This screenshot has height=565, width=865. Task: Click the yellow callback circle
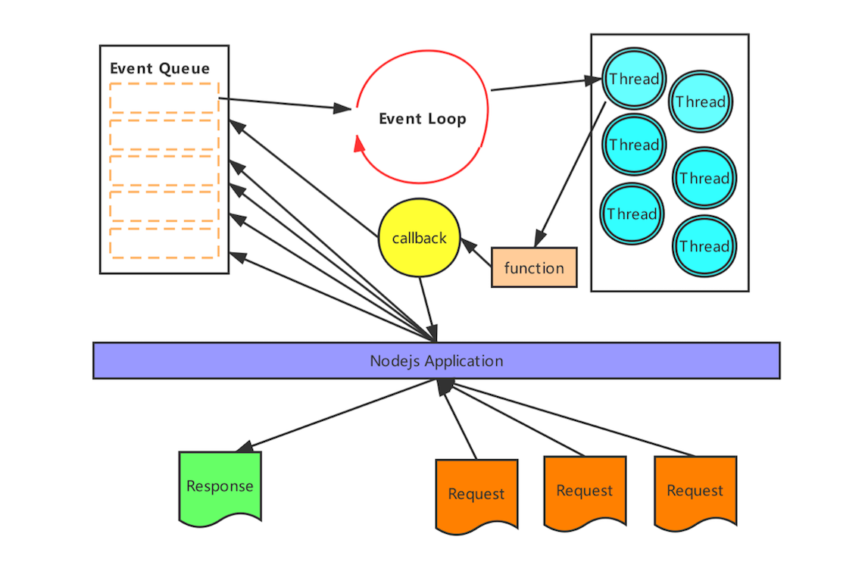coord(419,238)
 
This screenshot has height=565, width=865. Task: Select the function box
coord(534,268)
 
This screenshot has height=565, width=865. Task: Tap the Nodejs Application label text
coord(436,361)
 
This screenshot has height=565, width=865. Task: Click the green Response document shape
coord(220,485)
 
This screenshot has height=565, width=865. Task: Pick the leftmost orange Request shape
coord(476,494)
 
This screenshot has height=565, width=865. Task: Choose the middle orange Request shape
coord(585,491)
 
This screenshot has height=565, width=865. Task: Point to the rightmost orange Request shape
coord(695,491)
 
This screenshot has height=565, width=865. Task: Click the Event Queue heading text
coord(160,68)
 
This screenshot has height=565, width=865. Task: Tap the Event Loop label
coord(422,119)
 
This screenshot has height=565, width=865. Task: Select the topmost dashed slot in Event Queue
coord(164,98)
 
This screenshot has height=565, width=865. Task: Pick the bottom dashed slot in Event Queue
coord(164,243)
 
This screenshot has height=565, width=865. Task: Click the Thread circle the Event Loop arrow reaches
coord(634,79)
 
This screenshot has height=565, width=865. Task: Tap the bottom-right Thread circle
coord(704,246)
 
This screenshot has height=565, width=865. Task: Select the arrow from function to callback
coord(476,254)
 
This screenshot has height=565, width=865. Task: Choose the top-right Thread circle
coord(701,101)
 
